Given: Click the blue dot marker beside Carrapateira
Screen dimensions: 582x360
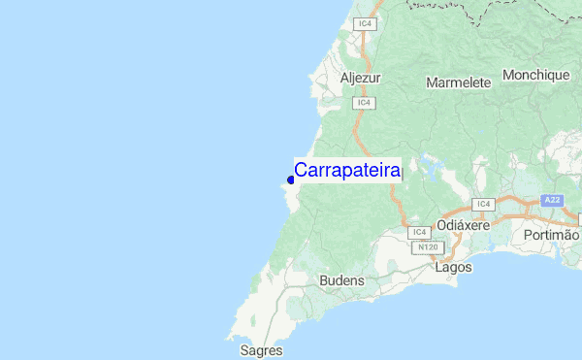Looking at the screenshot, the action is [291, 180].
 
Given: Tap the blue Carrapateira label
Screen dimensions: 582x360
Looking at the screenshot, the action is [348, 171].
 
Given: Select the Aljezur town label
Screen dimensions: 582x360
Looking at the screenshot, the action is [361, 78].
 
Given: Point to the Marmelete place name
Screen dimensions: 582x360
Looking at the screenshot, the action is [458, 82].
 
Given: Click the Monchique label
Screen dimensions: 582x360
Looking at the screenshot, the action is [534, 75].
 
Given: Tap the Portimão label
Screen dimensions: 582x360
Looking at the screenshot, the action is [551, 236].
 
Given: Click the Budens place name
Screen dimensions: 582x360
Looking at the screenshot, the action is [341, 280].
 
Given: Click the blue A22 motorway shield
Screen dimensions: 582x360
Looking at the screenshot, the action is [552, 200].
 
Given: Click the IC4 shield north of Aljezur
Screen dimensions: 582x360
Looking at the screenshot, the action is [365, 22].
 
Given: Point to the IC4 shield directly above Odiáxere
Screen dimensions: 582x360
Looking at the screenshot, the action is [483, 204].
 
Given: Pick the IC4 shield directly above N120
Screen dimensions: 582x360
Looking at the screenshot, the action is [419, 233].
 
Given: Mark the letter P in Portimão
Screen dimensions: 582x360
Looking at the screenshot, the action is [528, 236].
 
